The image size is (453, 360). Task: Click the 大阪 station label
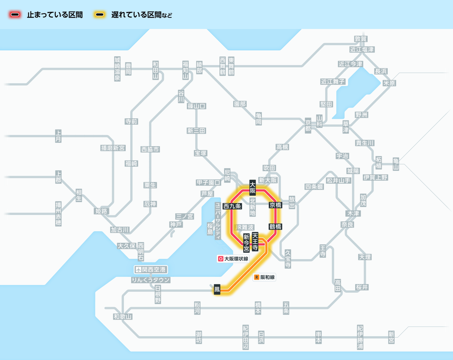[x=253, y=188]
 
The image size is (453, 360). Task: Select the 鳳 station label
[x=217, y=289]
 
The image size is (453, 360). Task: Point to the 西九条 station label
[x=232, y=206]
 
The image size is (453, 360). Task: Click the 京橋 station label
[x=276, y=205]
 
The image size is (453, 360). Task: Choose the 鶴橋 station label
[x=276, y=227]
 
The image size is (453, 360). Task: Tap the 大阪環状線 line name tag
[x=233, y=259]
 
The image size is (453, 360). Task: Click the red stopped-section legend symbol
[x=15, y=15]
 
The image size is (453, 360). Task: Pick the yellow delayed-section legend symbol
[x=100, y=15]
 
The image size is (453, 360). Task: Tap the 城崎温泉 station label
[x=117, y=69]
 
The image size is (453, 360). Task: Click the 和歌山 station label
[x=123, y=317]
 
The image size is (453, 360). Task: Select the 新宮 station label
[x=391, y=337]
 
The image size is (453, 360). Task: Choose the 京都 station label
[x=308, y=125]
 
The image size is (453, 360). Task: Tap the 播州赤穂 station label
[x=58, y=213]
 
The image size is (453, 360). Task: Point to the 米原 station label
[x=389, y=83]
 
